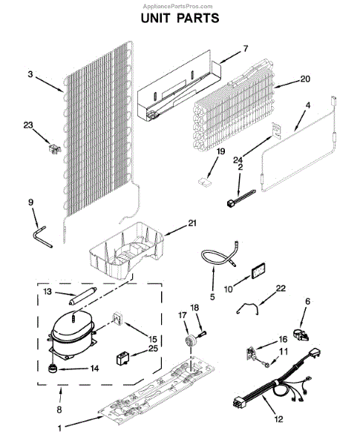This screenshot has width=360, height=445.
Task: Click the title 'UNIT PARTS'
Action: click(x=180, y=18)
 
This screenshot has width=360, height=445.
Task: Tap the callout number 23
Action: click(x=28, y=125)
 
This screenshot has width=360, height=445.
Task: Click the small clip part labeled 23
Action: click(x=54, y=148)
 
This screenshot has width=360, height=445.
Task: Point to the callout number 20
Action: click(x=305, y=79)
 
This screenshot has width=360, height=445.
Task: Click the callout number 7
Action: click(x=246, y=48)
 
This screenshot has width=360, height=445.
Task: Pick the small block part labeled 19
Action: click(x=205, y=182)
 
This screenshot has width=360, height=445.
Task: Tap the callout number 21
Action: click(x=192, y=223)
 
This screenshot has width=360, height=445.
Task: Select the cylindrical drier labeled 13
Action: click(x=82, y=296)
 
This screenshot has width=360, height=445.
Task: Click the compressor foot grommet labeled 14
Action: click(x=52, y=369)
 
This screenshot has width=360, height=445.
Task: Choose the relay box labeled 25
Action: click(x=123, y=357)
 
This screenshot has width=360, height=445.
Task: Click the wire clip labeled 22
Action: click(x=248, y=308)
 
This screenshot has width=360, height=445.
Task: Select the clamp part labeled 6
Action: click(x=301, y=334)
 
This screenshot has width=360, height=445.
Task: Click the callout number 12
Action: click(x=279, y=419)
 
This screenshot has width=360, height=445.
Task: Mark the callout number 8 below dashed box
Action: click(x=59, y=409)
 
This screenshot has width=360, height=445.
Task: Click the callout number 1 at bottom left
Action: click(x=59, y=428)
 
